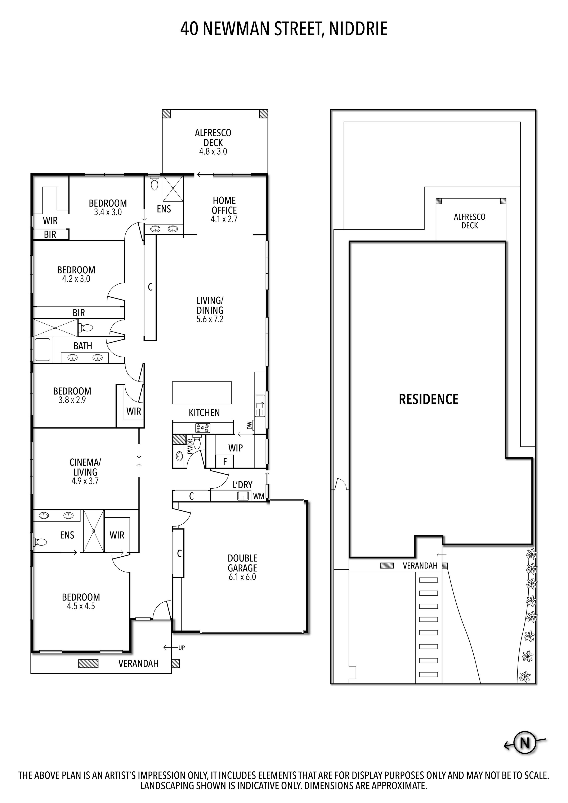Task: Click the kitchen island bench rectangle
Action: [202, 392]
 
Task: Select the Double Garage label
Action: [242, 563]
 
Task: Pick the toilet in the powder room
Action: [197, 443]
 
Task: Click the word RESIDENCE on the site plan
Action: [428, 399]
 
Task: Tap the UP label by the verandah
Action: [181, 648]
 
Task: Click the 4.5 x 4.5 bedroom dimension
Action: [81, 606]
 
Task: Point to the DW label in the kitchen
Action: [249, 425]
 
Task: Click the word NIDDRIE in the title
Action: [358, 29]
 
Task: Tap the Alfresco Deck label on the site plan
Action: [469, 221]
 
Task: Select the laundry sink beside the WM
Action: [243, 496]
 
